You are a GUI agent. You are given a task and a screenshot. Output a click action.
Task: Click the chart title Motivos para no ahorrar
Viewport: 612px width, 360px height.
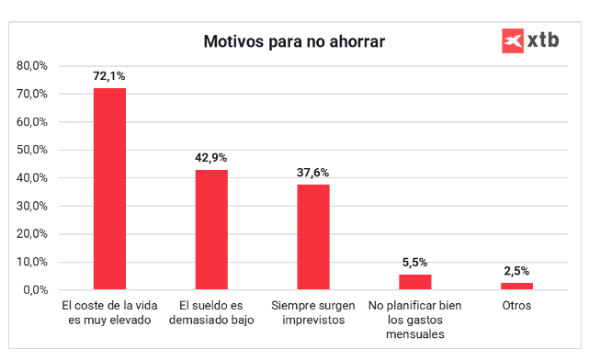293,42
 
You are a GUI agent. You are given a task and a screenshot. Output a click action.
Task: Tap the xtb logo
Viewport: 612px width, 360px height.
530,40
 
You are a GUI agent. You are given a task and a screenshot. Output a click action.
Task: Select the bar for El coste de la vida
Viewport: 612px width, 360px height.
109,188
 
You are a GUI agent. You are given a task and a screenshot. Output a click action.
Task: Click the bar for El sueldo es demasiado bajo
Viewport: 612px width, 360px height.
211,230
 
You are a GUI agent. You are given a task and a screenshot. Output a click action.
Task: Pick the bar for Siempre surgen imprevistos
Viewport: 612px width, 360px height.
312,237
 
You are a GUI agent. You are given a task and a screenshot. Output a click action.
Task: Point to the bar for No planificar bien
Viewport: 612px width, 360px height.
414,282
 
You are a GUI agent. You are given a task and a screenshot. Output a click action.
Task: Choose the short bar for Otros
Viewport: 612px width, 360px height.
516,286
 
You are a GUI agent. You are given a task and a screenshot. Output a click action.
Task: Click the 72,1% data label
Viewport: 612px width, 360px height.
109,75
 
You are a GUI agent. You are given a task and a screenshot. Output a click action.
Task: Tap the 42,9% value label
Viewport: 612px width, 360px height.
211,157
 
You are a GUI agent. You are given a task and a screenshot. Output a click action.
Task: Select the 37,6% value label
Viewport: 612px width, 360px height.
312,172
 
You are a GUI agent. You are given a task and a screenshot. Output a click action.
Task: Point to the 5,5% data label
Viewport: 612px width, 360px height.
414,262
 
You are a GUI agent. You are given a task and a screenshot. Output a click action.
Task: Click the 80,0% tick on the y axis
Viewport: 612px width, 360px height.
32,66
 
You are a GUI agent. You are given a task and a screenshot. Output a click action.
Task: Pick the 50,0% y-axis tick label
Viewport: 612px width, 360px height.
32,150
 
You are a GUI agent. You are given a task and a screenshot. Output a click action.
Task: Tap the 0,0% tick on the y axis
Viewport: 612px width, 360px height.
35,290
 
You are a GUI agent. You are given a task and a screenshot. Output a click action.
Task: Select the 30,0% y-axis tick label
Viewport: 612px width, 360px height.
32,206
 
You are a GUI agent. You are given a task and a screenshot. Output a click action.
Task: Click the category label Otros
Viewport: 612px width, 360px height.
516,304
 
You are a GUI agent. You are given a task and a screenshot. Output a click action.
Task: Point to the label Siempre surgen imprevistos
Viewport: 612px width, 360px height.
312,312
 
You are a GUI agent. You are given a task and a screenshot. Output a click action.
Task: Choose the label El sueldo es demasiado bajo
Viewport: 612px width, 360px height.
211,312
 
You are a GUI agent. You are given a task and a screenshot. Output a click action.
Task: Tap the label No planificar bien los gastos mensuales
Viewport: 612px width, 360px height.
414,320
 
